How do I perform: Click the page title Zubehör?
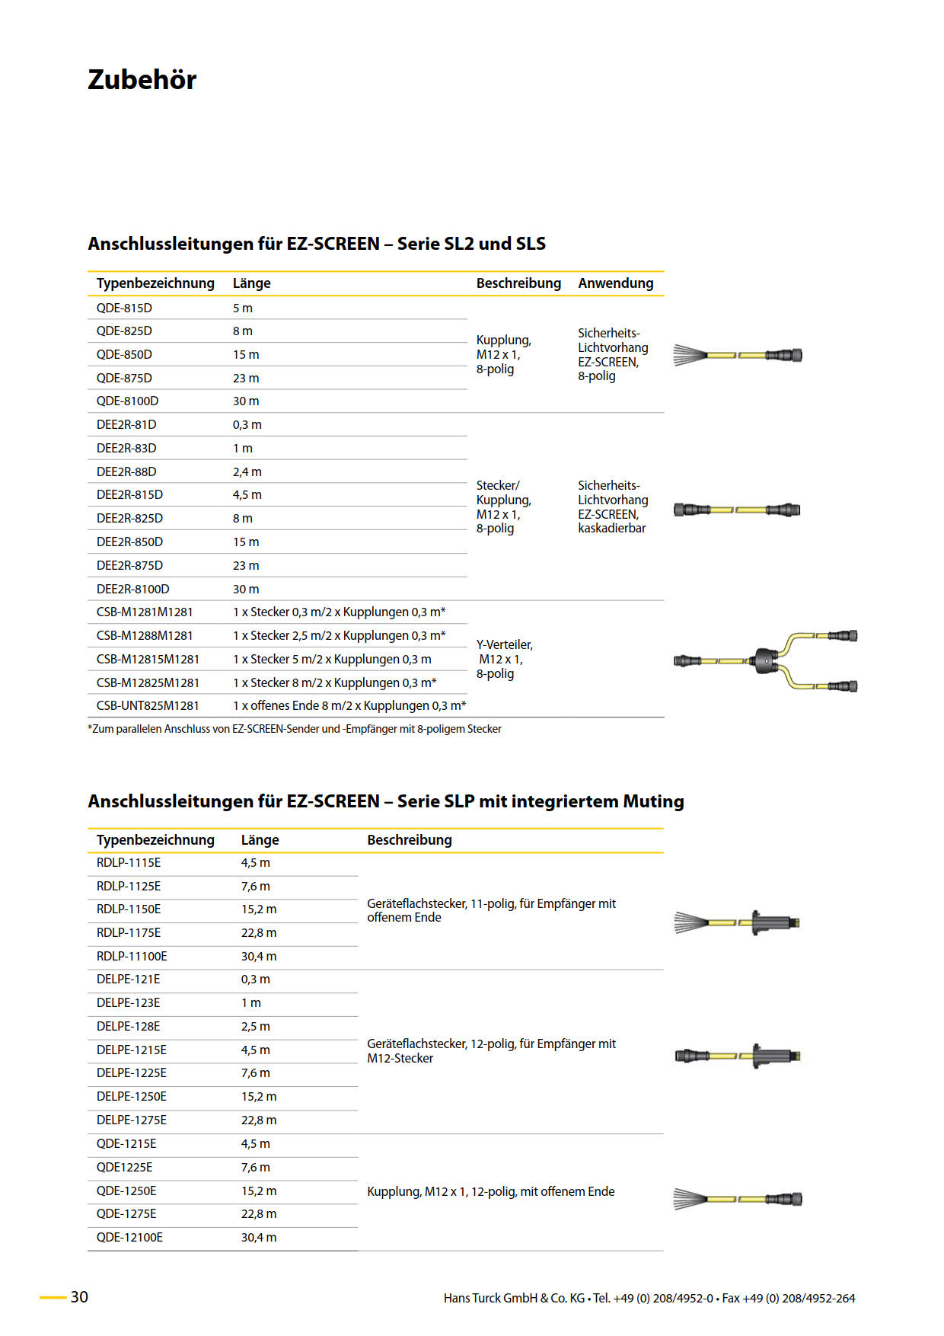click(x=142, y=80)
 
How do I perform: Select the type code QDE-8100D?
click(x=127, y=401)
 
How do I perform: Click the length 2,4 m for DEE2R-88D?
click(x=247, y=472)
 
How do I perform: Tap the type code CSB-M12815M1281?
click(x=148, y=660)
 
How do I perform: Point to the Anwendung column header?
click(x=615, y=283)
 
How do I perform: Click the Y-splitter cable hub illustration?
click(x=764, y=660)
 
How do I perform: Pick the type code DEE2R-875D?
click(x=129, y=566)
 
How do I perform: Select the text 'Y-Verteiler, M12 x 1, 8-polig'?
click(x=504, y=660)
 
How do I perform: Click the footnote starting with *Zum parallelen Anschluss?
click(x=295, y=730)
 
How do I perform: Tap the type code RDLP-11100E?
click(x=132, y=957)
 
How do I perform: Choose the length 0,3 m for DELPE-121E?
click(x=255, y=980)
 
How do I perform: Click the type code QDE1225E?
click(x=124, y=1168)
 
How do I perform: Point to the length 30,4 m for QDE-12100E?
click(x=259, y=1238)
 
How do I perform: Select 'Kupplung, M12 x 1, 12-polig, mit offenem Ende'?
click(x=490, y=1192)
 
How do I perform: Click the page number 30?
click(x=79, y=1297)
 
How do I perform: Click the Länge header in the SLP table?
click(x=260, y=840)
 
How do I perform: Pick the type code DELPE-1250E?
click(x=132, y=1097)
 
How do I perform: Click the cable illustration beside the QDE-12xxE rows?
click(x=737, y=1200)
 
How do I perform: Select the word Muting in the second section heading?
click(x=653, y=801)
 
